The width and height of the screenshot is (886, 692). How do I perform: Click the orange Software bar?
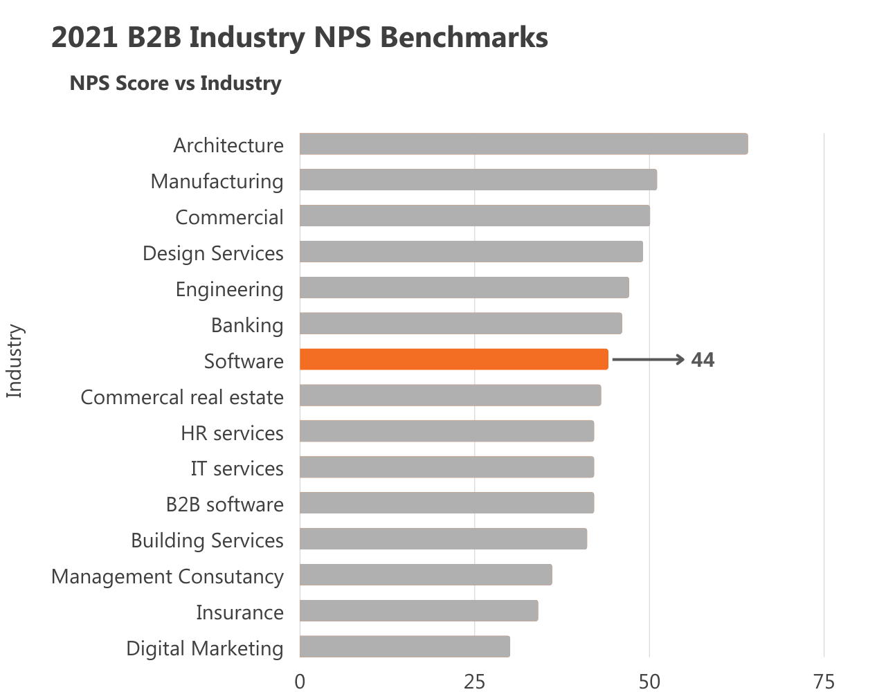tap(454, 360)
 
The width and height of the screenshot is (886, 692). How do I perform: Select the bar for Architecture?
tap(523, 144)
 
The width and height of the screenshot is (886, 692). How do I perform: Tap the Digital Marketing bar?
tap(405, 647)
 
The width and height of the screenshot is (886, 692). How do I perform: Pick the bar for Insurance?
tap(419, 611)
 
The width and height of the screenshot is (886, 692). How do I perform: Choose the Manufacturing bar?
tap(478, 180)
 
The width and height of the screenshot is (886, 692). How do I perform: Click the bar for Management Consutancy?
tap(426, 575)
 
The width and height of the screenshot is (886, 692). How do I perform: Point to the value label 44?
tap(703, 360)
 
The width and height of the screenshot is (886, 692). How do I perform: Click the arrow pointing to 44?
tap(649, 360)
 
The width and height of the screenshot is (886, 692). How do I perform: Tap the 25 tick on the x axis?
tap(474, 682)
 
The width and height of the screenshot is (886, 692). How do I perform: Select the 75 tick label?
tap(824, 682)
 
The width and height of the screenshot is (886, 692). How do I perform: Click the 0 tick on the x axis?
tap(300, 682)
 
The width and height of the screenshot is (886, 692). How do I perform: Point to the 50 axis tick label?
tap(649, 682)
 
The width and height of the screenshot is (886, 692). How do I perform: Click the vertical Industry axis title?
tap(15, 361)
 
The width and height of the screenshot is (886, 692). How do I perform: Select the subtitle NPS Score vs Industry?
tap(175, 83)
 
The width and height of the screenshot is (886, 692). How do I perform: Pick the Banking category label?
tap(247, 325)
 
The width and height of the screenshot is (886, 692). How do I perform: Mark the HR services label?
tap(232, 433)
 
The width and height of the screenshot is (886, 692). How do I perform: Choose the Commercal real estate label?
tap(182, 397)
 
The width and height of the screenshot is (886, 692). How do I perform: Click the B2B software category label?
tap(224, 504)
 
